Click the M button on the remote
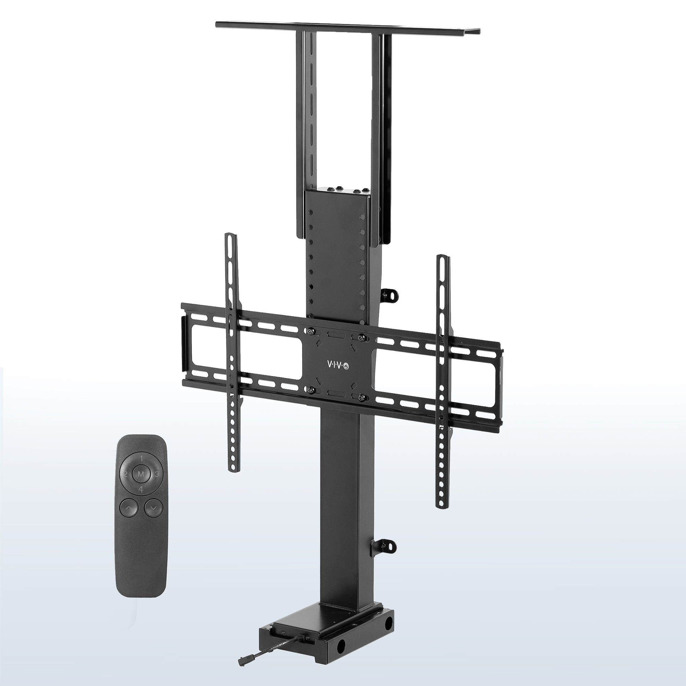coord(141,474)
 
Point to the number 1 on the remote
coord(141,458)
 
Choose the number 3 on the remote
coord(157,474)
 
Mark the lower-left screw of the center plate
coord(311,390)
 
